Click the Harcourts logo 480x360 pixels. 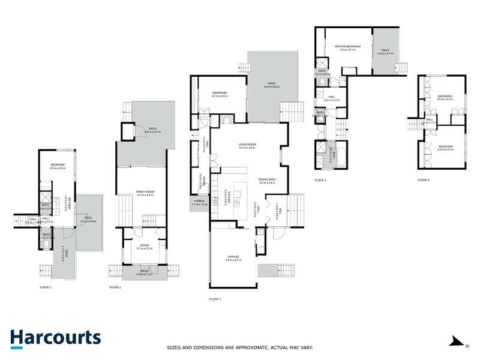[x=55, y=338]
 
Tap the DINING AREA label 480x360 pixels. [x=267, y=179]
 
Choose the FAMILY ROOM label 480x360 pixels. [x=146, y=191]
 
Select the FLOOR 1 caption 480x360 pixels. [x=46, y=287]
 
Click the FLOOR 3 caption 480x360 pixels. [x=215, y=298]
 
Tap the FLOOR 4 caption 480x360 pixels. [x=320, y=179]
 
